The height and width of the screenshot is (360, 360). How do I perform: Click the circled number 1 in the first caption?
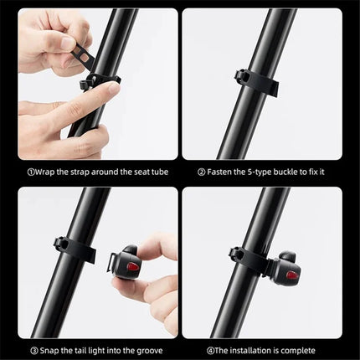point(30,172)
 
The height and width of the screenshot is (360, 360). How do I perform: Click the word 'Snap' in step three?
point(47,351)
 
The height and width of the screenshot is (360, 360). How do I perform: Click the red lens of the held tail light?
point(132,266)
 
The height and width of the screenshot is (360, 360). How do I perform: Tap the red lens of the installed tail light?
point(291,274)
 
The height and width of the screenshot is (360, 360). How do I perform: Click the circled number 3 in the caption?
point(30,351)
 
